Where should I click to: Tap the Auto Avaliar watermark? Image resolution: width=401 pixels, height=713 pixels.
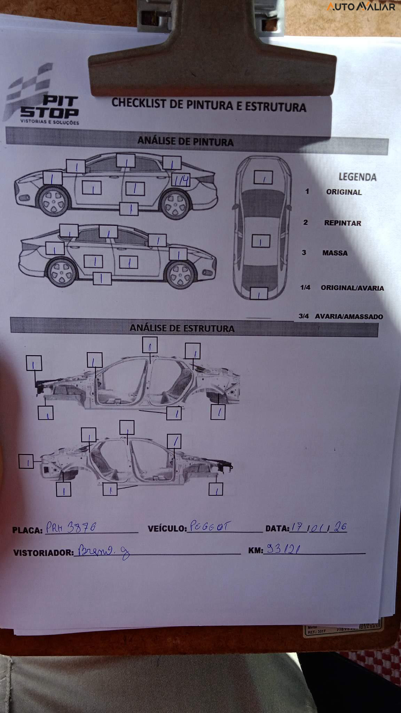point(361,7)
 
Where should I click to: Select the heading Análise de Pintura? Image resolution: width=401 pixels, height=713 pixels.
point(185,141)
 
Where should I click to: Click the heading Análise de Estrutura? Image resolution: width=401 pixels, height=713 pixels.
point(182,328)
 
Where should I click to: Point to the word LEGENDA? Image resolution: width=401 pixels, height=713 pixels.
point(357,177)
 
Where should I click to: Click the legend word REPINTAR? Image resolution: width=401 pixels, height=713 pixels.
point(343,223)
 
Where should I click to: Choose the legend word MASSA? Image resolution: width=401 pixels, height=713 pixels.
point(335,253)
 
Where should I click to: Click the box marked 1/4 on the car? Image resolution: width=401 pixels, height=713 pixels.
point(181,180)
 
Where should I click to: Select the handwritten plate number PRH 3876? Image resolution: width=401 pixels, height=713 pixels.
point(71,528)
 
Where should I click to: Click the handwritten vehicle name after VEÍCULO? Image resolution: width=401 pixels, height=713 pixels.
point(209,527)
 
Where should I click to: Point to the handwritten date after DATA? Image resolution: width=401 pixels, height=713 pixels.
point(319,527)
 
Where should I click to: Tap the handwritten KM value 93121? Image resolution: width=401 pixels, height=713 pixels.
point(283,549)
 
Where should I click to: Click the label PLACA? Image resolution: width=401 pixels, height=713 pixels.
point(27,530)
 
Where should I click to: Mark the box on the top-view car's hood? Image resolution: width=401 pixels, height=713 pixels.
point(263,178)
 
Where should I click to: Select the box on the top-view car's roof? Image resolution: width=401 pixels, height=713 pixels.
point(261,241)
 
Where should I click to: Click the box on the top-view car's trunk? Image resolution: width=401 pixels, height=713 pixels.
point(259,293)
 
